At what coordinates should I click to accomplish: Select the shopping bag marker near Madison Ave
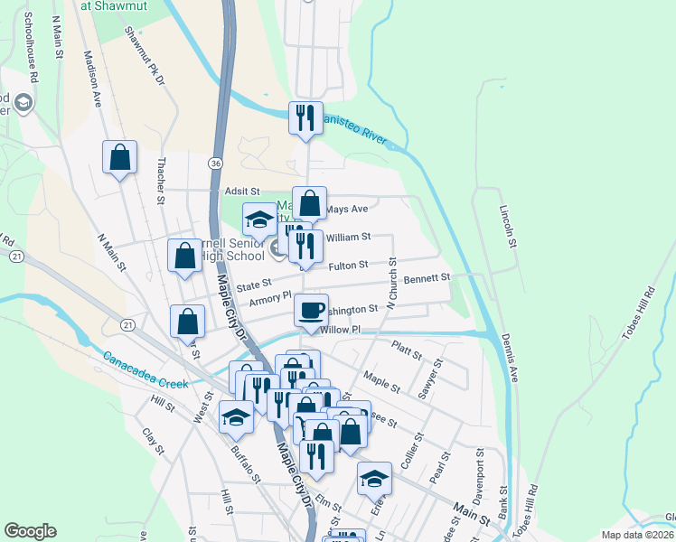coord(119,158)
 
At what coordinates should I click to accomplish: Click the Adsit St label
coord(241,192)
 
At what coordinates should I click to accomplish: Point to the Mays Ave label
coord(347,209)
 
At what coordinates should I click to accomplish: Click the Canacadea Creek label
coord(145,369)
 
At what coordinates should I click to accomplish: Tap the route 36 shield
coord(213,163)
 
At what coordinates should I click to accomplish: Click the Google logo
coord(30,531)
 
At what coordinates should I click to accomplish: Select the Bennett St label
coord(427,279)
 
